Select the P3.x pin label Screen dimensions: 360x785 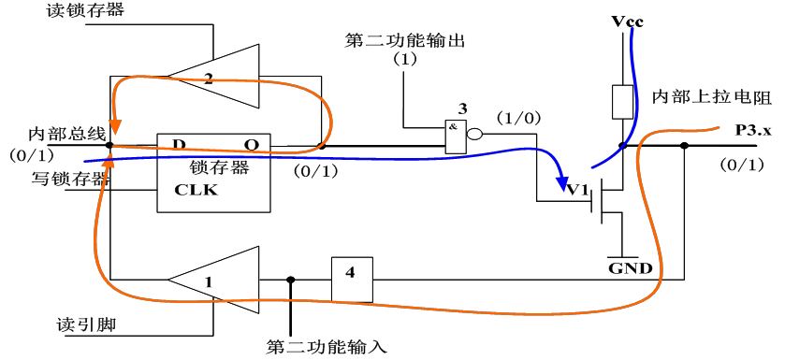point(752,131)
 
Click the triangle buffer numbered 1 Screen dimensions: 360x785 point(214,278)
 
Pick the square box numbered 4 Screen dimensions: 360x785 point(351,278)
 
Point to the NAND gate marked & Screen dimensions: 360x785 point(456,135)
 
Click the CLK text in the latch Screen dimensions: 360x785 point(196,190)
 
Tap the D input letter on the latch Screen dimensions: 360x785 point(175,144)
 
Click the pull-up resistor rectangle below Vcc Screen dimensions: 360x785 point(620,102)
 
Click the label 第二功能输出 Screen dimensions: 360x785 point(404,42)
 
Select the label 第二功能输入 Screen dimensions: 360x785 point(327,347)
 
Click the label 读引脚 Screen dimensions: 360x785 point(79,325)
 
